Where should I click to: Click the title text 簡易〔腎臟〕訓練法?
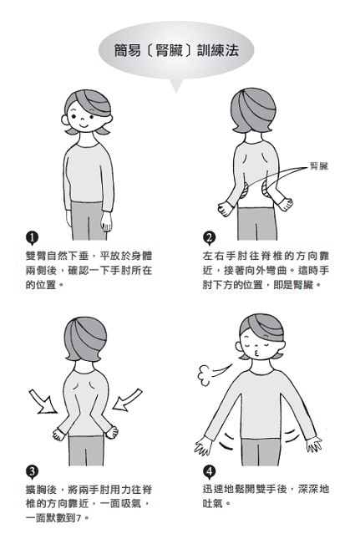pos(176,51)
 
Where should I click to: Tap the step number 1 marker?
pos(32,238)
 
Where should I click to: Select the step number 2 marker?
pos(209,238)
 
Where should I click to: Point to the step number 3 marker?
pos(32,471)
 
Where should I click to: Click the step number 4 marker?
pos(209,471)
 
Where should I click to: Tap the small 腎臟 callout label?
pos(319,166)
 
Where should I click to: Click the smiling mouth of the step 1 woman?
pos(84,125)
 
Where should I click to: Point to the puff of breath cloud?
pos(205,375)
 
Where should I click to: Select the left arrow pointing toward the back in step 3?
pos(43,401)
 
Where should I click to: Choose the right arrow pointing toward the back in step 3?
pos(127,399)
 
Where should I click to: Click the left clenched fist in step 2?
pos(225,208)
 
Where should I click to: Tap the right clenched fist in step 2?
pos(286,204)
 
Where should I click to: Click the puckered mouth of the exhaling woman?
pos(258,353)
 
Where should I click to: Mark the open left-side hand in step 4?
pos(203,446)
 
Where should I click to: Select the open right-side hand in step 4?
pos(313,444)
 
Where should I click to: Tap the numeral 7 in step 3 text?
pos(79,518)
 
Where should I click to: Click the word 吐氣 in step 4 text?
pos(212,504)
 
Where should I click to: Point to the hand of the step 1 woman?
pos(106,221)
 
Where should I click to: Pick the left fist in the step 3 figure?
pos(58,434)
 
